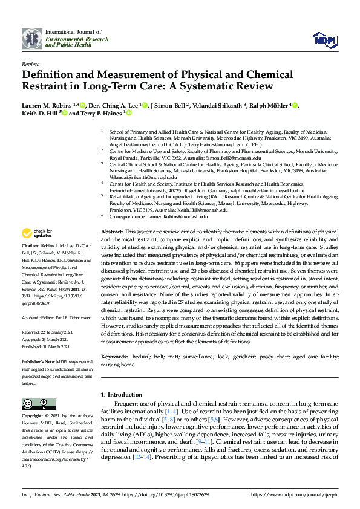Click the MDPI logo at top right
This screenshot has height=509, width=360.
(323, 40)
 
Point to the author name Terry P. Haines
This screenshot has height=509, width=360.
(100, 113)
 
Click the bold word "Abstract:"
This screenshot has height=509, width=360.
(111, 232)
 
